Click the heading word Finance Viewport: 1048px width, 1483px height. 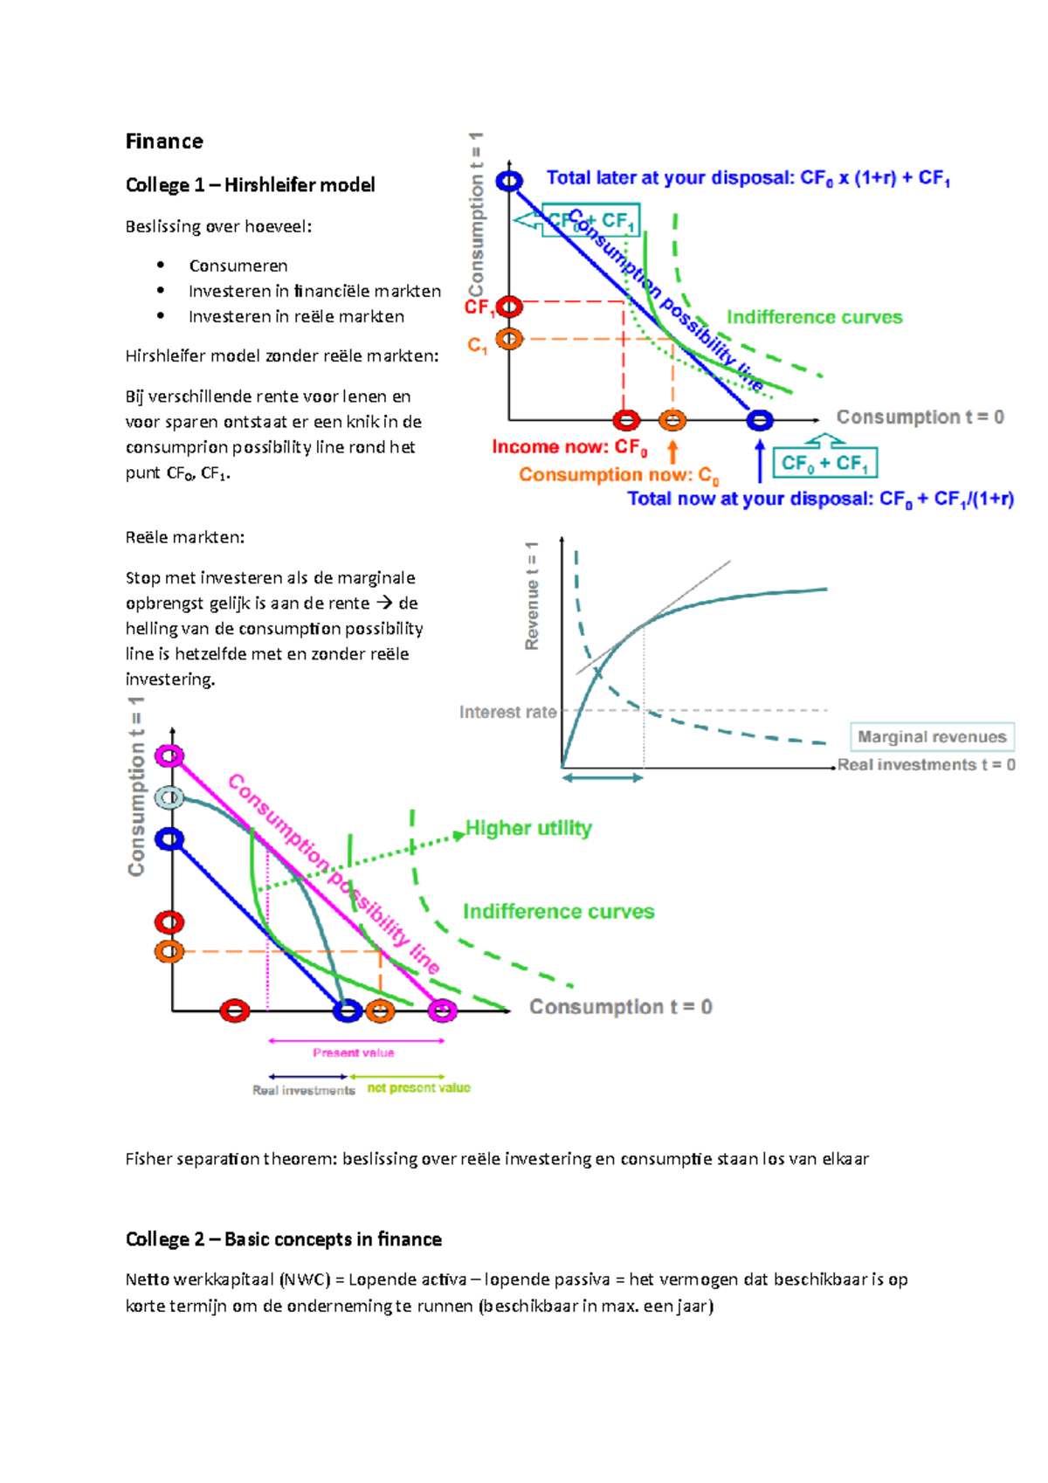(x=164, y=141)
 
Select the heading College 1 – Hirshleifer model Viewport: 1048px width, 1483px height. (x=250, y=185)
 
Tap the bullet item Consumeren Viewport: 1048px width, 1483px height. (x=238, y=266)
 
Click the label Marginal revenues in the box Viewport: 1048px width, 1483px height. (x=932, y=737)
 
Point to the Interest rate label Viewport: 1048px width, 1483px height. (x=507, y=713)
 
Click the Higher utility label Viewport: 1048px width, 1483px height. (x=528, y=828)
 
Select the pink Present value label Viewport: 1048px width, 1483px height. (x=354, y=1053)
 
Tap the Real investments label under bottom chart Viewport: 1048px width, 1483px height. (x=304, y=1091)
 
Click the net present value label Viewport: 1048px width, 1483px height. (x=418, y=1088)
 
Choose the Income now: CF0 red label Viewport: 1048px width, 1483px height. (x=569, y=447)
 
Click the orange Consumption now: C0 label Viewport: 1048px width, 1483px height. (x=618, y=475)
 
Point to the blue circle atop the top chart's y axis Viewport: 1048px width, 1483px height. (x=509, y=181)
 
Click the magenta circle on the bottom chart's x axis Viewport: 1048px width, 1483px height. (x=443, y=1011)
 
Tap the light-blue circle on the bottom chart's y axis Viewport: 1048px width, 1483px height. (x=169, y=797)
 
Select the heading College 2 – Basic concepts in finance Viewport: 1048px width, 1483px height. (x=283, y=1239)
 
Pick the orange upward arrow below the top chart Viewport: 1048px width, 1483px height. (x=672, y=452)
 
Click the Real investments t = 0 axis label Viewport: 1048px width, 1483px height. (x=926, y=765)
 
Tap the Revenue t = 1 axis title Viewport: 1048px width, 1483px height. (x=532, y=597)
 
